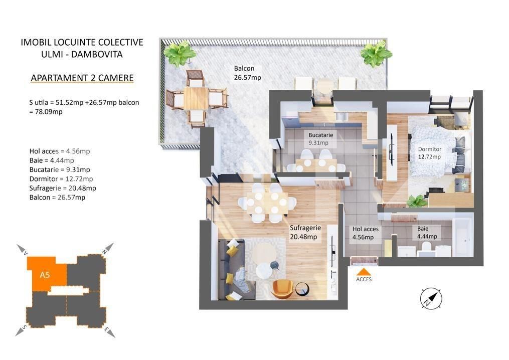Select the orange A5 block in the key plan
[x=46, y=274]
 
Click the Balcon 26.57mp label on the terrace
[x=247, y=73]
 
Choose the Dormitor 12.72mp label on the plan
[x=429, y=153]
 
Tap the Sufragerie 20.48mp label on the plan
[x=305, y=232]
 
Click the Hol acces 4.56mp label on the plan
[x=365, y=233]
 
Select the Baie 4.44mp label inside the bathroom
[x=427, y=233]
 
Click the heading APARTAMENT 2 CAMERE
[x=82, y=78]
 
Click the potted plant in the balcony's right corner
[x=375, y=53]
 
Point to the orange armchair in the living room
[x=283, y=288]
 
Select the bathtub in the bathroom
[x=462, y=236]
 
